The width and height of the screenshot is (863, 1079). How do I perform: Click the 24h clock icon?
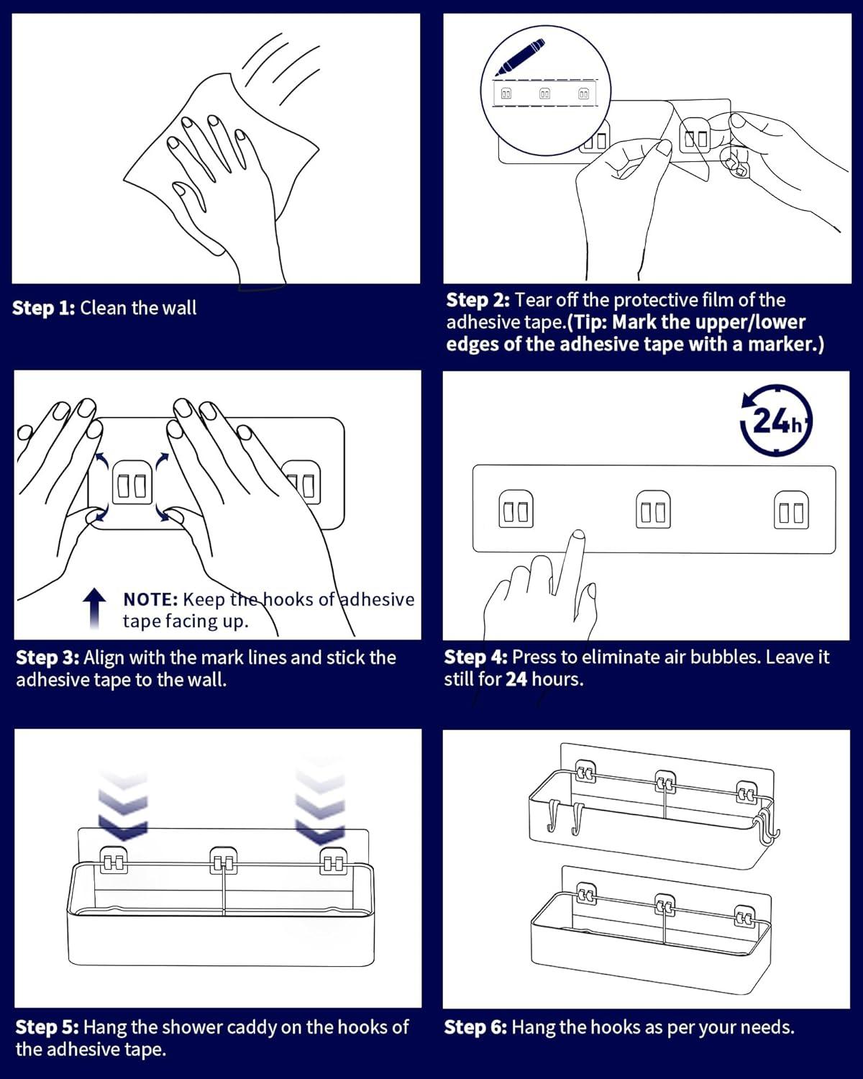click(x=776, y=421)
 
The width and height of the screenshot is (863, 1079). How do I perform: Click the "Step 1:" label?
click(x=43, y=309)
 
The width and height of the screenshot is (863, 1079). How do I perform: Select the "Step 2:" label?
click(x=478, y=300)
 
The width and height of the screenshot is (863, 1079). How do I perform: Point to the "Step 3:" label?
click(x=47, y=657)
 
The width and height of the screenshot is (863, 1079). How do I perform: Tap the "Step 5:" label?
click(x=47, y=1027)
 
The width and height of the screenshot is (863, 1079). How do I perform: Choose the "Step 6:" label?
click(x=475, y=1027)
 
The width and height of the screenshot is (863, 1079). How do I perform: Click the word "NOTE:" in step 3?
click(x=150, y=599)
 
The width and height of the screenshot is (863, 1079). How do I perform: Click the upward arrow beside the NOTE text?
click(x=95, y=608)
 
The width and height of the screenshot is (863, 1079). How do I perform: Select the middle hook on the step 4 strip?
click(x=653, y=509)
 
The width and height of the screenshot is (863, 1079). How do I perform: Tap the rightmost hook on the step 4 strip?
click(x=791, y=509)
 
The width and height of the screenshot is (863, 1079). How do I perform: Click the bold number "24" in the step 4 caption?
click(x=516, y=679)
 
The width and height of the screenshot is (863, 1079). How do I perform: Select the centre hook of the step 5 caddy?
click(x=224, y=861)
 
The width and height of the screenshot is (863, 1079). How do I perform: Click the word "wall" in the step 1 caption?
click(x=179, y=309)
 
